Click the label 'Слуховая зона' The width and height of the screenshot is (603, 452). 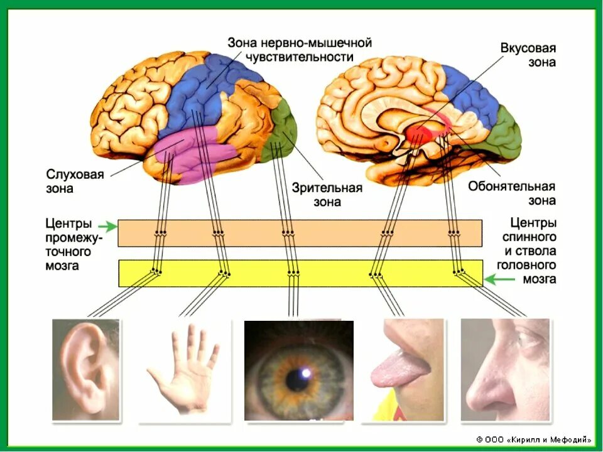[75, 181]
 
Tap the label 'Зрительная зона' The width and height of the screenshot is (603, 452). [327, 195]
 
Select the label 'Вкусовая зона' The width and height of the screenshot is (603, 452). [528, 55]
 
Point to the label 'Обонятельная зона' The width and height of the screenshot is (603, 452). [511, 193]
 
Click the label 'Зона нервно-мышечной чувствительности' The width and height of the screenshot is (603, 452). [300, 50]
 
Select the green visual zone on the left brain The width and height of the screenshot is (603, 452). [281, 129]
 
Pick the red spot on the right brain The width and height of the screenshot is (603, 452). [420, 133]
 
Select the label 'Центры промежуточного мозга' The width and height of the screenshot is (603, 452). [68, 245]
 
